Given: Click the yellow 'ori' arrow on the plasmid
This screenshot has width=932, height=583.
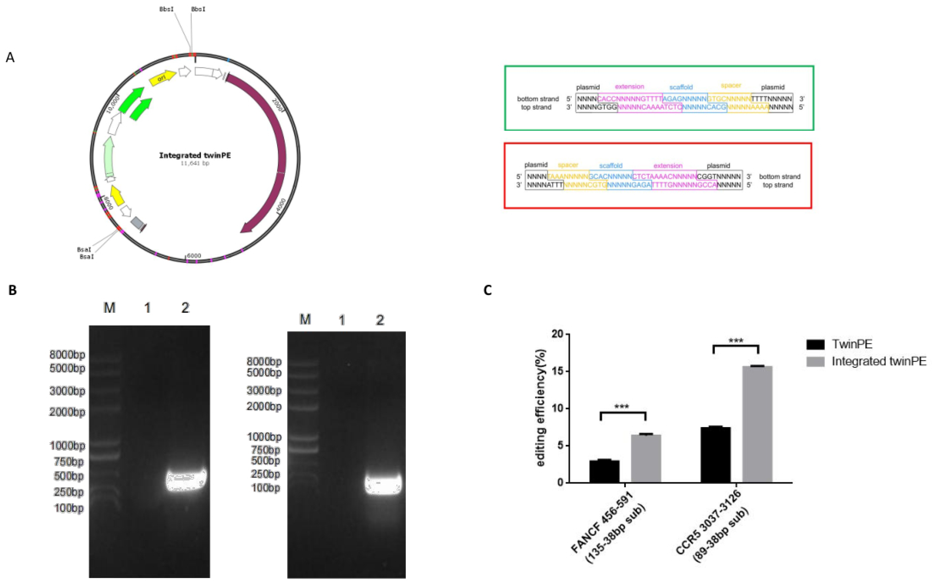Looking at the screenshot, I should coord(162,78).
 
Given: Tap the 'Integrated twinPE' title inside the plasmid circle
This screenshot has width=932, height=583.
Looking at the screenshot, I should coord(195,155).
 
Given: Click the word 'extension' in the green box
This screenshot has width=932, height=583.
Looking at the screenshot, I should coord(629,87).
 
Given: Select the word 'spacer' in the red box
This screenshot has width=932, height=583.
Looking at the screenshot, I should coord(568,165).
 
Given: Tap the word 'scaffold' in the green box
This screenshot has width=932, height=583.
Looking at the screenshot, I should coord(681,87).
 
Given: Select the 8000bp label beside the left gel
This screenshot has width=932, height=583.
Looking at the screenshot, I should coord(67,355).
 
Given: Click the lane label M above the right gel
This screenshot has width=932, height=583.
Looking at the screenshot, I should coord(305,320).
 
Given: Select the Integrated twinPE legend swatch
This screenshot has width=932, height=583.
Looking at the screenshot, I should coord(815,361).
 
